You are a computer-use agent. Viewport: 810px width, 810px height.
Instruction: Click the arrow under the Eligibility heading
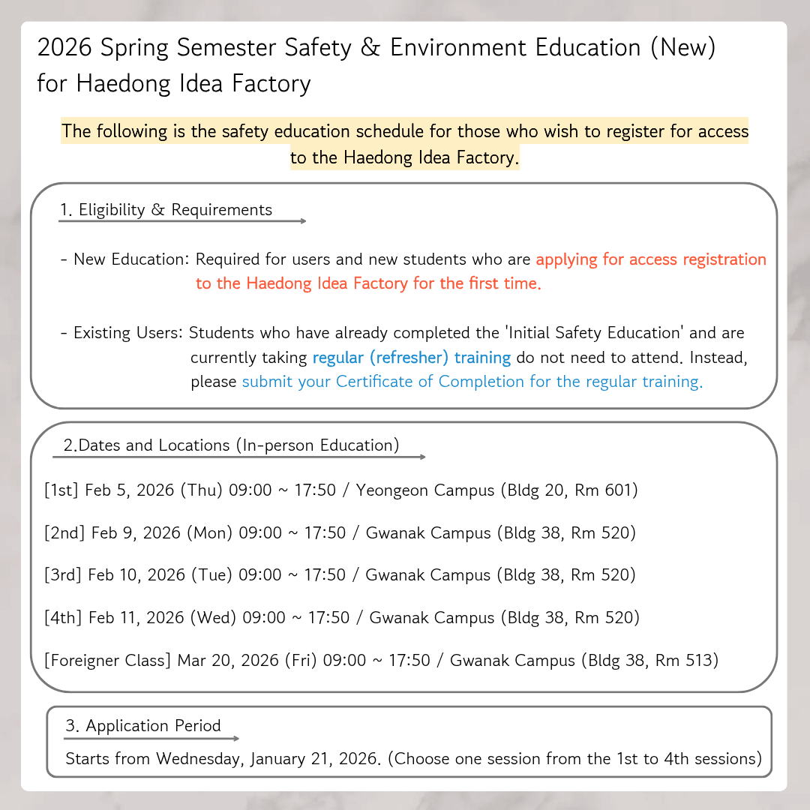pos(183,221)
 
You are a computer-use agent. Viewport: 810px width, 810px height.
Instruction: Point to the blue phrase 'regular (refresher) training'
pos(412,358)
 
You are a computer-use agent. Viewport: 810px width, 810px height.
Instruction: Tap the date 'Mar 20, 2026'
pos(228,661)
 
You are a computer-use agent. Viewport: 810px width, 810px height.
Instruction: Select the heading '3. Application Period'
pos(143,726)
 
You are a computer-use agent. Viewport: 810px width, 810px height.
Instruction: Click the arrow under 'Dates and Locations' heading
pos(239,457)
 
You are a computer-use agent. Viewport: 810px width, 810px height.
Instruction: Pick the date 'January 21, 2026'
pos(313,759)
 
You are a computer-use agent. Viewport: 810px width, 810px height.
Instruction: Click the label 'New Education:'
pos(131,260)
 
